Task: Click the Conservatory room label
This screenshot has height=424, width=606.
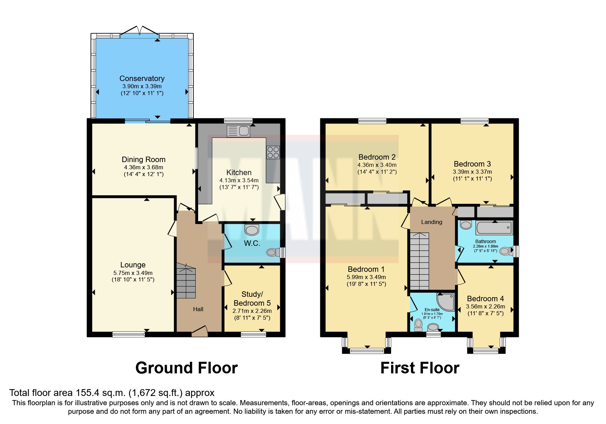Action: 142,78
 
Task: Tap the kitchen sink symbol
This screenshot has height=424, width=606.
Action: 238,131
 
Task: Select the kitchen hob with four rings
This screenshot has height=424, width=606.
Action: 273,152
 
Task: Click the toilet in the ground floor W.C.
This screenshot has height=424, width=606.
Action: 273,252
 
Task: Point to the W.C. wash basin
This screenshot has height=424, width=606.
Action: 252,230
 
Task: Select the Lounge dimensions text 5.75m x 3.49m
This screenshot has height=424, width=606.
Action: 133,273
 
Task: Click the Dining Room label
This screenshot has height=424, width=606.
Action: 143,159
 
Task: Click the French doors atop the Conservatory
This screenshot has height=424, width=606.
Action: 140,31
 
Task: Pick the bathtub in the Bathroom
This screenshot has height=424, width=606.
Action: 494,228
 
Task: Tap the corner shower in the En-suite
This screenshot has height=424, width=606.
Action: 446,302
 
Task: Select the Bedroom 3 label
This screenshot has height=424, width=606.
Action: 472,164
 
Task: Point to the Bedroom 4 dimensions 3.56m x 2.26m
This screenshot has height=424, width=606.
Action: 485,306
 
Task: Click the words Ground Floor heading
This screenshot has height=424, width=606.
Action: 186,368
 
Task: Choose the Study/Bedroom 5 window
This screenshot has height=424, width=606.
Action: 253,334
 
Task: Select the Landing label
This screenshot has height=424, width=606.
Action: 431,222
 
